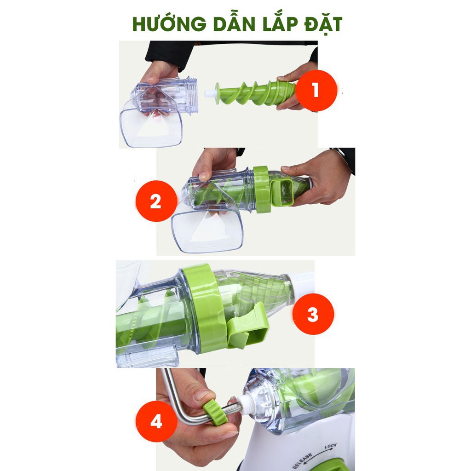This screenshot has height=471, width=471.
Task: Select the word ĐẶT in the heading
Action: pos(323,24)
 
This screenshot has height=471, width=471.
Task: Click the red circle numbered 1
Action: pos(316,90)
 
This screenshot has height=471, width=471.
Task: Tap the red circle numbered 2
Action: pos(156,201)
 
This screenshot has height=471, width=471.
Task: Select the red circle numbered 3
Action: pos(313,314)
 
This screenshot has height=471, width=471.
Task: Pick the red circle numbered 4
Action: pos(156,421)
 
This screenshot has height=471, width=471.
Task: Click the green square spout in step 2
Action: pos(282,192)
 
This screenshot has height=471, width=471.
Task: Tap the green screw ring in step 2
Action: pos(262,189)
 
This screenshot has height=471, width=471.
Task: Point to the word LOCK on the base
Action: pos(330,446)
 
